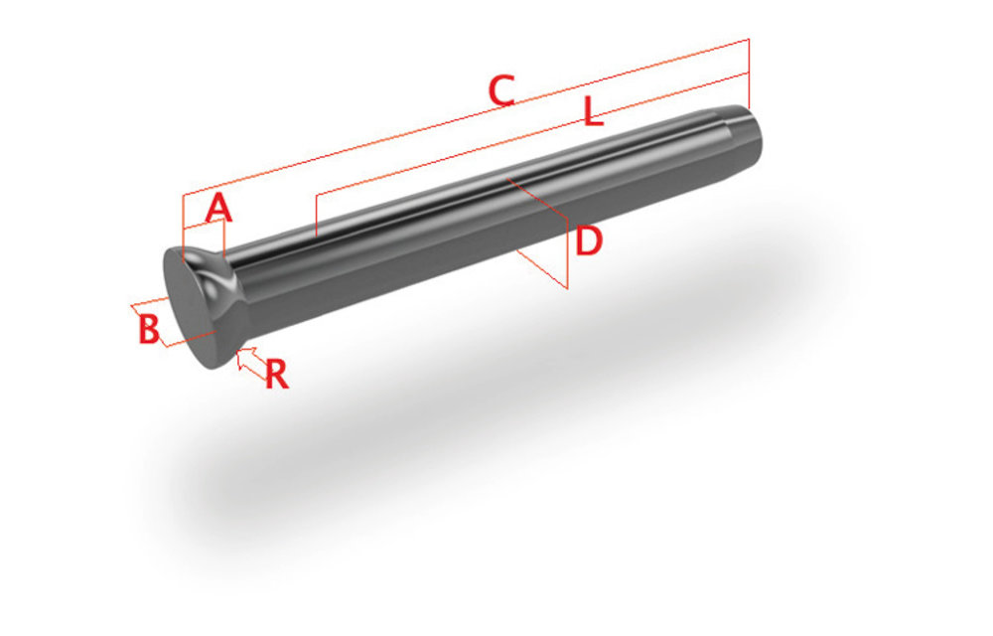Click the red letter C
tap(501, 90)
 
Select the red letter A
tap(218, 209)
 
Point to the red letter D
tap(589, 240)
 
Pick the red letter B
tap(148, 329)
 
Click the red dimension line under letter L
tap(526, 139)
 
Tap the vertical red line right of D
tap(568, 253)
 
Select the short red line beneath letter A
tap(205, 226)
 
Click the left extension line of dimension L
tap(315, 217)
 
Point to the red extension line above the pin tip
tap(749, 75)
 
